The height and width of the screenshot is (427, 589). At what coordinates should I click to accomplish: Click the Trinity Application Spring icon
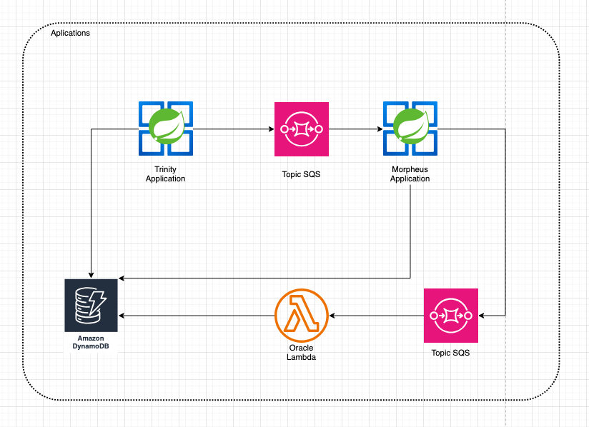pyautogui.click(x=165, y=129)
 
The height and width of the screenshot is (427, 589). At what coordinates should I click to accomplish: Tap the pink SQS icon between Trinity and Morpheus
pyautogui.click(x=302, y=129)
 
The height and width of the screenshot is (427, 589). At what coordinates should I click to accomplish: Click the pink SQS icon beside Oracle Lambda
pyautogui.click(x=451, y=315)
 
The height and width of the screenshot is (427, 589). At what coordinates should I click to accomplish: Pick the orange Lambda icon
pyautogui.click(x=301, y=315)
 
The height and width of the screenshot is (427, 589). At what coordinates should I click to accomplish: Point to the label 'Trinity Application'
pyautogui.click(x=165, y=174)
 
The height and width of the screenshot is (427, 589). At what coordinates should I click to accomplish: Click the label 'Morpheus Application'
pyautogui.click(x=410, y=174)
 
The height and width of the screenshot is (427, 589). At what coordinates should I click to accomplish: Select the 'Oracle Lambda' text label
pyautogui.click(x=301, y=352)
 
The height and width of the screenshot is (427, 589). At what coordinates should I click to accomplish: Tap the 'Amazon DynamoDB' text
pyautogui.click(x=91, y=342)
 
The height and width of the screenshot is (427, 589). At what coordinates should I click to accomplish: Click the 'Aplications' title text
pyautogui.click(x=70, y=34)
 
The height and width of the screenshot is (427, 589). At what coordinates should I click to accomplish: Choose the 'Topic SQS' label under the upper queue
pyautogui.click(x=302, y=174)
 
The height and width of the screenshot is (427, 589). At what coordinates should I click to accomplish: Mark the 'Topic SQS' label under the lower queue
pyautogui.click(x=451, y=353)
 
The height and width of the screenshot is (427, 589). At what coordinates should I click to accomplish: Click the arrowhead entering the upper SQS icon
pyautogui.click(x=271, y=129)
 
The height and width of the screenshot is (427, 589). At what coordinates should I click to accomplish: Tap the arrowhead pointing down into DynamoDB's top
pyautogui.click(x=91, y=274)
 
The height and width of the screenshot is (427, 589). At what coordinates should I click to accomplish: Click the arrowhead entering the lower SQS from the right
pyautogui.click(x=482, y=315)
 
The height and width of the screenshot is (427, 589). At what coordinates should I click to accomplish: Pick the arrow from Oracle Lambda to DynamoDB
pyautogui.click(x=197, y=315)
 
